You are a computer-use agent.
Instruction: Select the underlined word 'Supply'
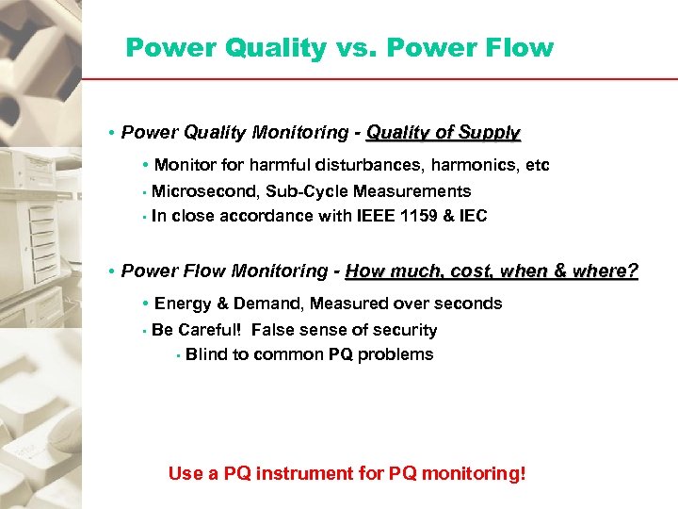(489, 133)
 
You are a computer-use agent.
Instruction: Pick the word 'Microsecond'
(204, 191)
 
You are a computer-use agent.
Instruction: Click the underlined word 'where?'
(603, 271)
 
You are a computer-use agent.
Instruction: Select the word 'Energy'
(181, 304)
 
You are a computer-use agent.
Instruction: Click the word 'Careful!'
(213, 330)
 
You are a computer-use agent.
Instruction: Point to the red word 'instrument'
(309, 473)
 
